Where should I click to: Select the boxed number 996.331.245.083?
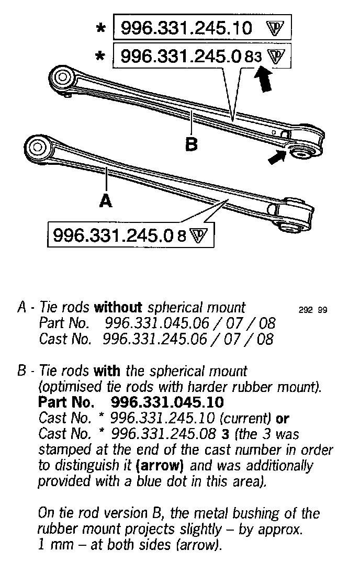tap(191, 57)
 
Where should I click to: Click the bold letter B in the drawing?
tap(192, 143)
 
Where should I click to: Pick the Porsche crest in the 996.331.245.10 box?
tap(275, 28)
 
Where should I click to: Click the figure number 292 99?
tap(312, 310)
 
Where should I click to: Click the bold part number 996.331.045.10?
tap(167, 403)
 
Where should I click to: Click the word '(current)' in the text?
tap(248, 419)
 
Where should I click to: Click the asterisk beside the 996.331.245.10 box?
tap(100, 28)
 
